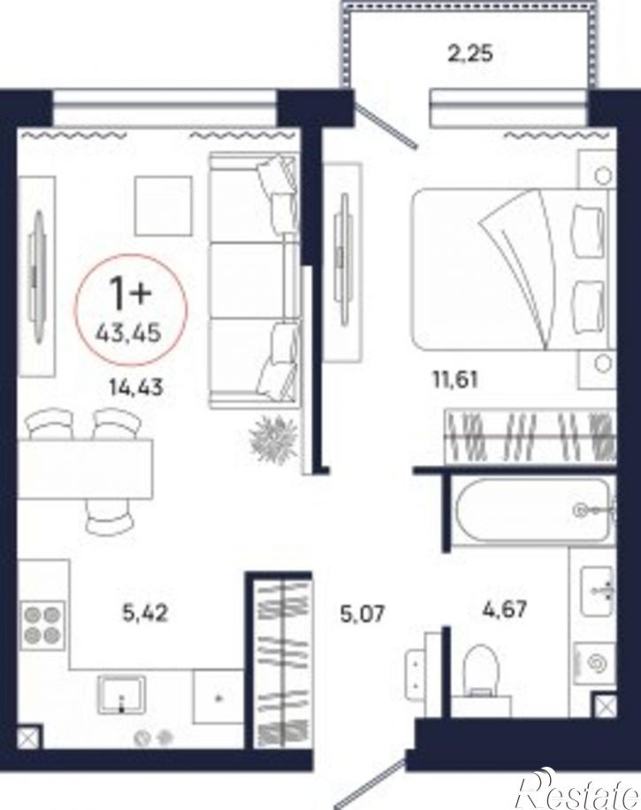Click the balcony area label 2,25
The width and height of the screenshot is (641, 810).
tap(469, 53)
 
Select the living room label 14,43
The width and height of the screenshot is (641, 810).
tap(136, 386)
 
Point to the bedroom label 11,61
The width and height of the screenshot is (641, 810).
tap(455, 379)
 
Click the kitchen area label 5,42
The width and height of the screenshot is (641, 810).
tap(146, 613)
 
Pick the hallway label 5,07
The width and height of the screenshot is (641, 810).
tap(362, 615)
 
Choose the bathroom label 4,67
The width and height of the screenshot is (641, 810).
tap(504, 608)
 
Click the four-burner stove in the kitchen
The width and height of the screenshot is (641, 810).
tap(42, 623)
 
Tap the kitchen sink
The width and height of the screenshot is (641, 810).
tap(121, 695)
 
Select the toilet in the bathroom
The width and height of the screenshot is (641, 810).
tap(481, 670)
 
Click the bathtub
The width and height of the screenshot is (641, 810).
tap(531, 510)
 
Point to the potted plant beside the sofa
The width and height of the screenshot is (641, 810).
tap(273, 439)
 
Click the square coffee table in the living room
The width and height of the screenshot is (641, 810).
tap(164, 204)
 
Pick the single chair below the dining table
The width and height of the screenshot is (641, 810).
tap(110, 516)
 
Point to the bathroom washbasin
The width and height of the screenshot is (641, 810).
tap(597, 591)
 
